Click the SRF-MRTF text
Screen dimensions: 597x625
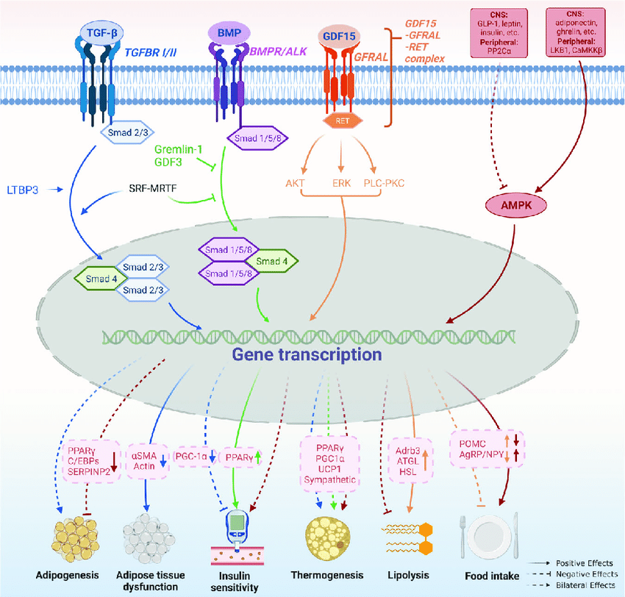click(158, 188)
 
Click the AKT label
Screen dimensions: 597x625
click(297, 183)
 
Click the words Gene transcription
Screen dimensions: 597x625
click(307, 355)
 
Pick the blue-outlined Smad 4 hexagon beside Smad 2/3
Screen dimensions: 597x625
click(99, 279)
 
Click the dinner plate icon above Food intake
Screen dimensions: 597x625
click(491, 534)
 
